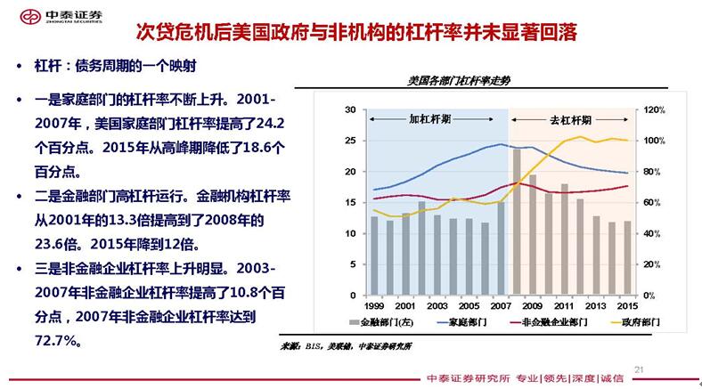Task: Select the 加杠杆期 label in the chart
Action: [430, 119]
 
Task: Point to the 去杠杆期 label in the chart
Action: [569, 119]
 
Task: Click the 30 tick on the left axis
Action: [351, 109]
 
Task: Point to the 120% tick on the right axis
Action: [655, 109]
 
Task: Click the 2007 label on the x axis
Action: [502, 305]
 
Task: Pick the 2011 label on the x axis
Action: [565, 305]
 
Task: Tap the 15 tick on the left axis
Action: [351, 202]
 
